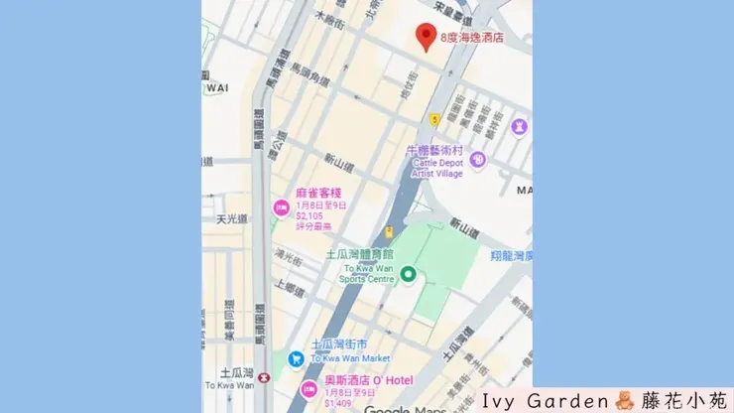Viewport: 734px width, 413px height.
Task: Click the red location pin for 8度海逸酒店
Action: [x=427, y=36]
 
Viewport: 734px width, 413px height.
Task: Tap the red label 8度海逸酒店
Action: [x=471, y=37]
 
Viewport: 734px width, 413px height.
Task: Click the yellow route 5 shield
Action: [x=434, y=119]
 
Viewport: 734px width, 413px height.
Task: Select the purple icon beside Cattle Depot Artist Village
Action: [x=478, y=159]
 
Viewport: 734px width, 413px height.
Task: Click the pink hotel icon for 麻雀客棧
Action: [x=281, y=207]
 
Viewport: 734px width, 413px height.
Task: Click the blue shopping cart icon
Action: [x=296, y=358]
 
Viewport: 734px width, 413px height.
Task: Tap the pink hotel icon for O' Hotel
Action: [x=308, y=388]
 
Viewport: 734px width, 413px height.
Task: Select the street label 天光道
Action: [x=234, y=218]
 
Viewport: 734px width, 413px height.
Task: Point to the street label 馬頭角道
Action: [x=308, y=73]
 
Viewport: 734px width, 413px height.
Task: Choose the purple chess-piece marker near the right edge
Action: [x=519, y=126]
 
